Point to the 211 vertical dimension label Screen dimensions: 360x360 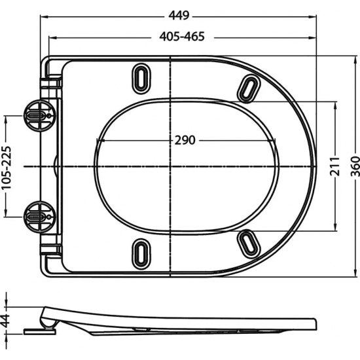pos(334,166)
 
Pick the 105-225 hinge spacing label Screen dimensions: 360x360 pos(7,166)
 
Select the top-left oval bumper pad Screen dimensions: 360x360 pos(141,76)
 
